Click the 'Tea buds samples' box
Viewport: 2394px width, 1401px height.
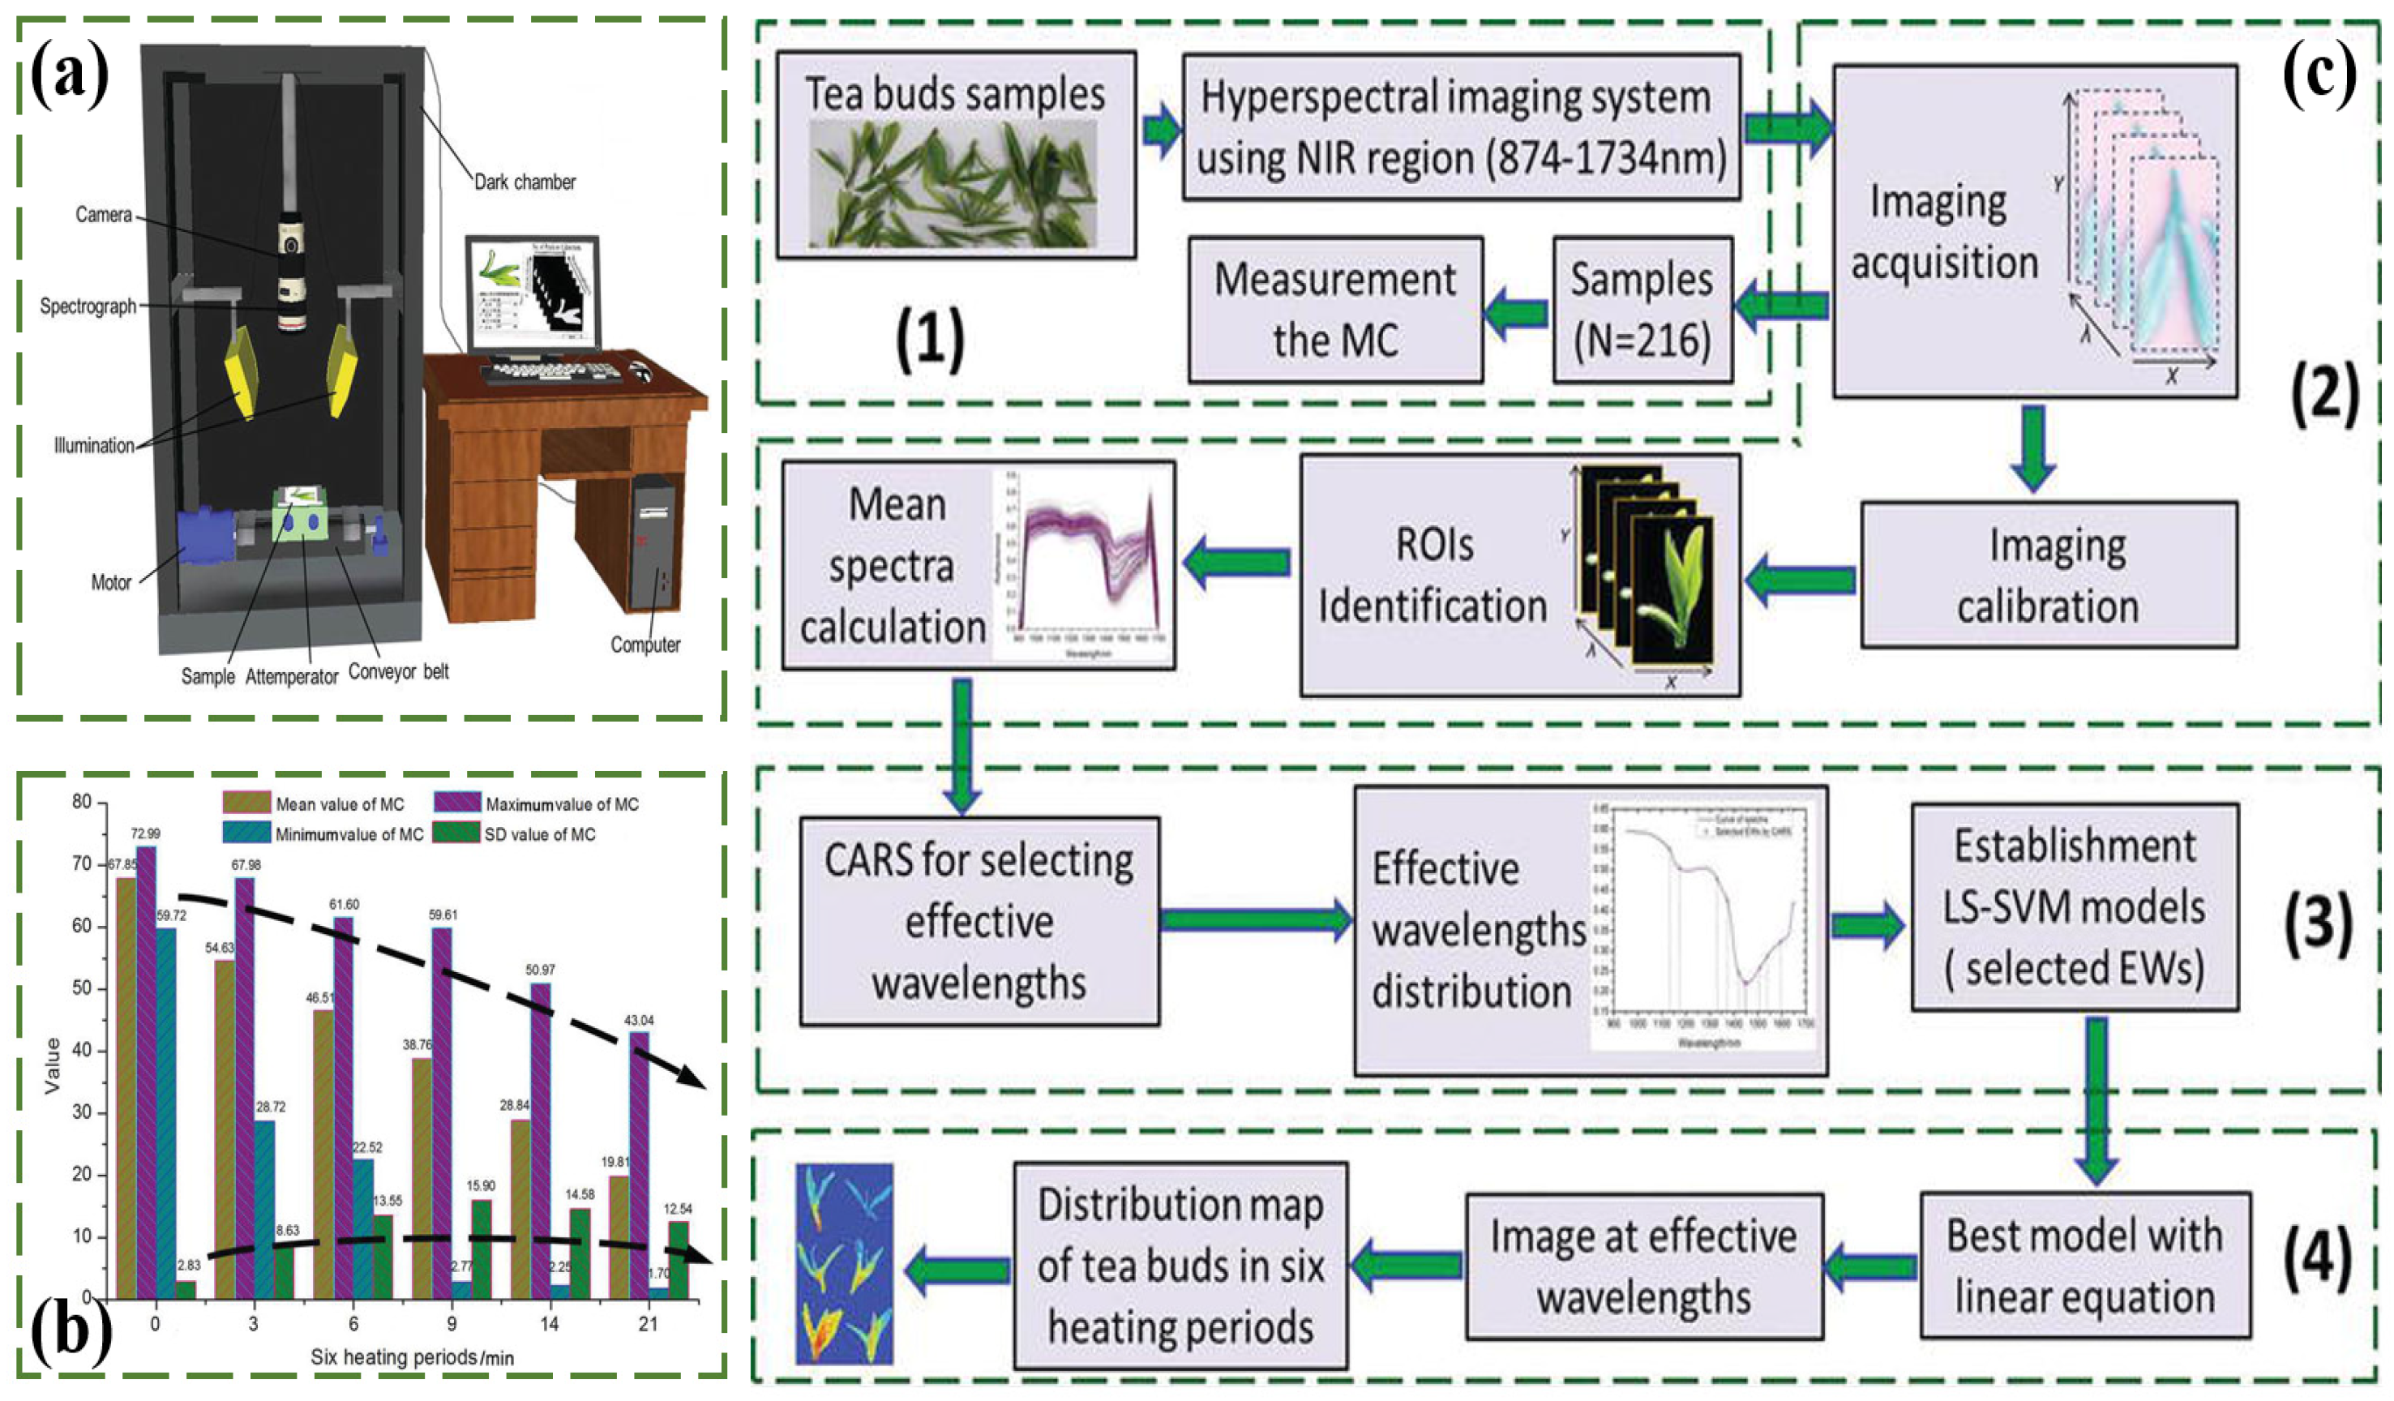(956, 155)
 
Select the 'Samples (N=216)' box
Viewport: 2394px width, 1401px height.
(1642, 311)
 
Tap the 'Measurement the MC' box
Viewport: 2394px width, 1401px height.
(1334, 311)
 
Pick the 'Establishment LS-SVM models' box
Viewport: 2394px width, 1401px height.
(2075, 907)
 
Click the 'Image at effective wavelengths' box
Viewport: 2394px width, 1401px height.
(1643, 1266)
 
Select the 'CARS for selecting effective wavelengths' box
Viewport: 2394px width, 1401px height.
(979, 920)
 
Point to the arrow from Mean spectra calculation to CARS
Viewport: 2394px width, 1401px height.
(961, 746)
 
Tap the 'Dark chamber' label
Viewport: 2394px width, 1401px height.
(525, 182)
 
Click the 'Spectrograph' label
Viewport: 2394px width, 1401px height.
(88, 306)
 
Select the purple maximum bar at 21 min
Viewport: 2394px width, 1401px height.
(640, 1164)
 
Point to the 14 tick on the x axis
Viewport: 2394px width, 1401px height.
(550, 1324)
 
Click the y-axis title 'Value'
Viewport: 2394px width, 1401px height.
(52, 1065)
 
